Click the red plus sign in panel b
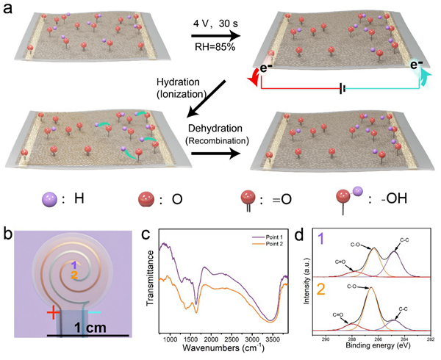(53, 313)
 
